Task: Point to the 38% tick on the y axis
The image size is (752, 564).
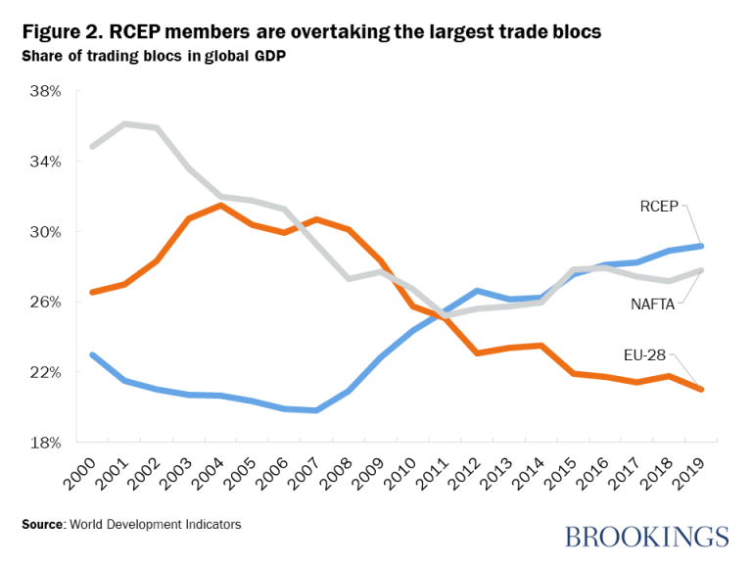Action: point(46,91)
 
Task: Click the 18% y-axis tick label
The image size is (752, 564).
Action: point(46,443)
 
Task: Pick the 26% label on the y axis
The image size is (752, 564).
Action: point(46,302)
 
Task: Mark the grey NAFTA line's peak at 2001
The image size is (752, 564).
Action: point(124,124)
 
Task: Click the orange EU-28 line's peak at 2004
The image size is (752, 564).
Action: point(220,205)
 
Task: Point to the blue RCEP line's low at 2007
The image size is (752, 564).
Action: point(316,410)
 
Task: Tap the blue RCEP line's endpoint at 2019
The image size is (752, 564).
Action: point(700,246)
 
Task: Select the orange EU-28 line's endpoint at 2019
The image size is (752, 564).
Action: point(700,390)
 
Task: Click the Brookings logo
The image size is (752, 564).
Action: point(646,536)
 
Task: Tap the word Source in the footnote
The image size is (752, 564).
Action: point(42,525)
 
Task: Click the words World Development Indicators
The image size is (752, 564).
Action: point(155,525)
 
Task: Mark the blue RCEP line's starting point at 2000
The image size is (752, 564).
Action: point(92,354)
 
